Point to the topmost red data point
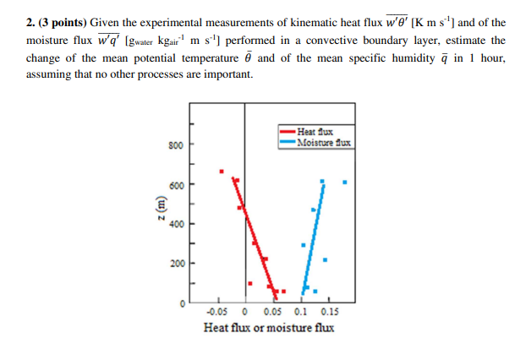point(222,172)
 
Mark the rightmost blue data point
point(344,181)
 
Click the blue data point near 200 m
point(326,259)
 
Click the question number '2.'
point(33,23)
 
